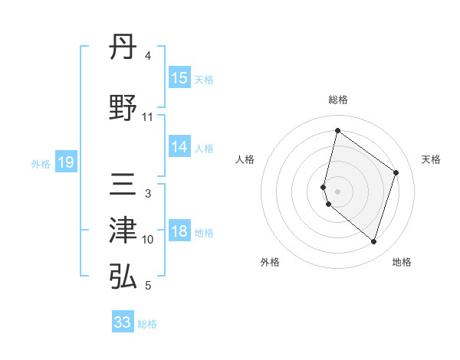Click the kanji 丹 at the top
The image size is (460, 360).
[123, 51]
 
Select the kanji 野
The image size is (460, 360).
[123, 108]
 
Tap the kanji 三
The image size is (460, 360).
[123, 186]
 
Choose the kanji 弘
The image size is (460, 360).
[123, 276]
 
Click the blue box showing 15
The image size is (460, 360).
[179, 78]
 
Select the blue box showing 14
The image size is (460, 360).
[179, 147]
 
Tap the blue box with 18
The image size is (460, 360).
[179, 232]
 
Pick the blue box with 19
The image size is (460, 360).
[65, 162]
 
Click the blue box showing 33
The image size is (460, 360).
[123, 322]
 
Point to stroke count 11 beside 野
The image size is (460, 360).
[148, 116]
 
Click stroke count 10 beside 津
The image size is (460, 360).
[148, 240]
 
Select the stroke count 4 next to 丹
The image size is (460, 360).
[148, 55]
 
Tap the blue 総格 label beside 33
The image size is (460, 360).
[147, 324]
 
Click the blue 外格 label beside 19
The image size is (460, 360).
[40, 163]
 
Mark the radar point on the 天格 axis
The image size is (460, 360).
[396, 172]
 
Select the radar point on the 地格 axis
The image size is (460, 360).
[374, 242]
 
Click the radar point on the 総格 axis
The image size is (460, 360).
[337, 131]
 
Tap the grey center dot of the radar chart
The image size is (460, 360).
[337, 191]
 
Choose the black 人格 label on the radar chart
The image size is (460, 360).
[245, 159]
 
